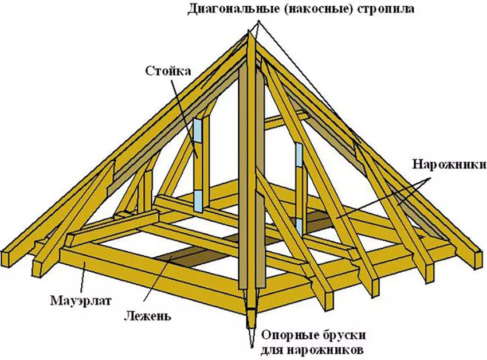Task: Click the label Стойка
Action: coord(168,71)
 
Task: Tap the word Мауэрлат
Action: coord(81,301)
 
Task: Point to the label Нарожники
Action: coord(450,165)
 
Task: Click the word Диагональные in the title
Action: coord(232,9)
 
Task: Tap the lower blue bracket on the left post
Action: coord(198,201)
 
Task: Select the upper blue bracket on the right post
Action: coord(299,155)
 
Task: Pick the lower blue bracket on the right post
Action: coord(299,226)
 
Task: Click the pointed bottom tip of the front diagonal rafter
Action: coord(251,347)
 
